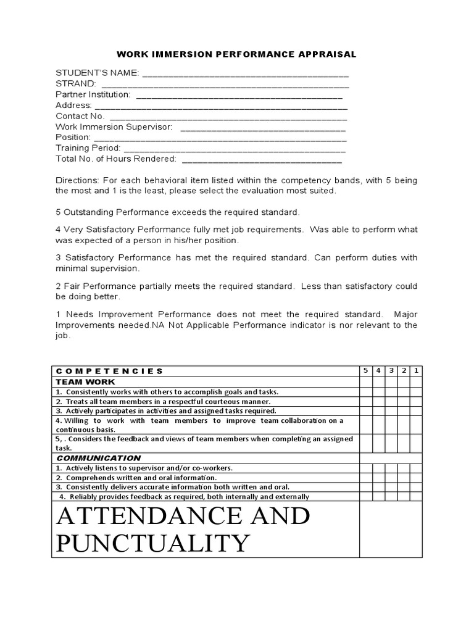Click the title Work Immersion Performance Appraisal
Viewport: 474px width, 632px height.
click(237, 54)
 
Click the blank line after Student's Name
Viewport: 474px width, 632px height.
click(246, 74)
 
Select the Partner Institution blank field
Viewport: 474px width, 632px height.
click(239, 96)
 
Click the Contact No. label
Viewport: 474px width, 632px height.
click(80, 115)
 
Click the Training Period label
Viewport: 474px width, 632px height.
click(88, 148)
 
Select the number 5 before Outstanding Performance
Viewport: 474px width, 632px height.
click(58, 212)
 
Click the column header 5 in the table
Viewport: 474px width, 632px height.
click(366, 370)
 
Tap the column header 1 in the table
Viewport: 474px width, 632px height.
click(416, 370)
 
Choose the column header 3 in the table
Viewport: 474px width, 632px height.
click(391, 370)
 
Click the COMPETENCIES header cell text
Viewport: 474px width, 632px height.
click(109, 371)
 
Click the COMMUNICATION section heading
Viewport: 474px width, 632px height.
click(98, 458)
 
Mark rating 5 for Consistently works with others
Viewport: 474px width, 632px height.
click(366, 391)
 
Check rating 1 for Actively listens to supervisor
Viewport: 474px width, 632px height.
click(416, 468)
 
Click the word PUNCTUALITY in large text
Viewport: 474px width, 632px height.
click(152, 543)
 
